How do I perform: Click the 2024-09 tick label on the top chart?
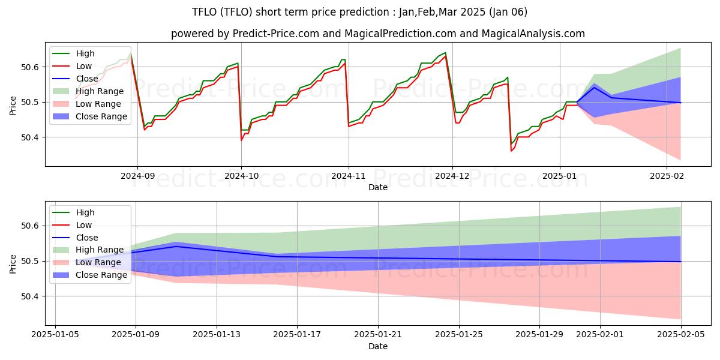click(137, 176)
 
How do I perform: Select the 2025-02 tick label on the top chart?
click(667, 176)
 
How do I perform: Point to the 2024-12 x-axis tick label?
click(452, 176)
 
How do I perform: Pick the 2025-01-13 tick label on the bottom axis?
click(216, 335)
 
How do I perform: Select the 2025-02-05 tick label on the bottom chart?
click(681, 335)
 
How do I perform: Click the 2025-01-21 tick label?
click(378, 335)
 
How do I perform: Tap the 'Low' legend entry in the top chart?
click(85, 66)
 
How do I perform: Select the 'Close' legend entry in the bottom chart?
click(88, 238)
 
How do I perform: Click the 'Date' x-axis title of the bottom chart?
click(378, 346)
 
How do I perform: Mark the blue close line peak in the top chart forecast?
click(594, 88)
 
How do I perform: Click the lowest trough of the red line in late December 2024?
click(511, 151)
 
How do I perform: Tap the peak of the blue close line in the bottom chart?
click(176, 246)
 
